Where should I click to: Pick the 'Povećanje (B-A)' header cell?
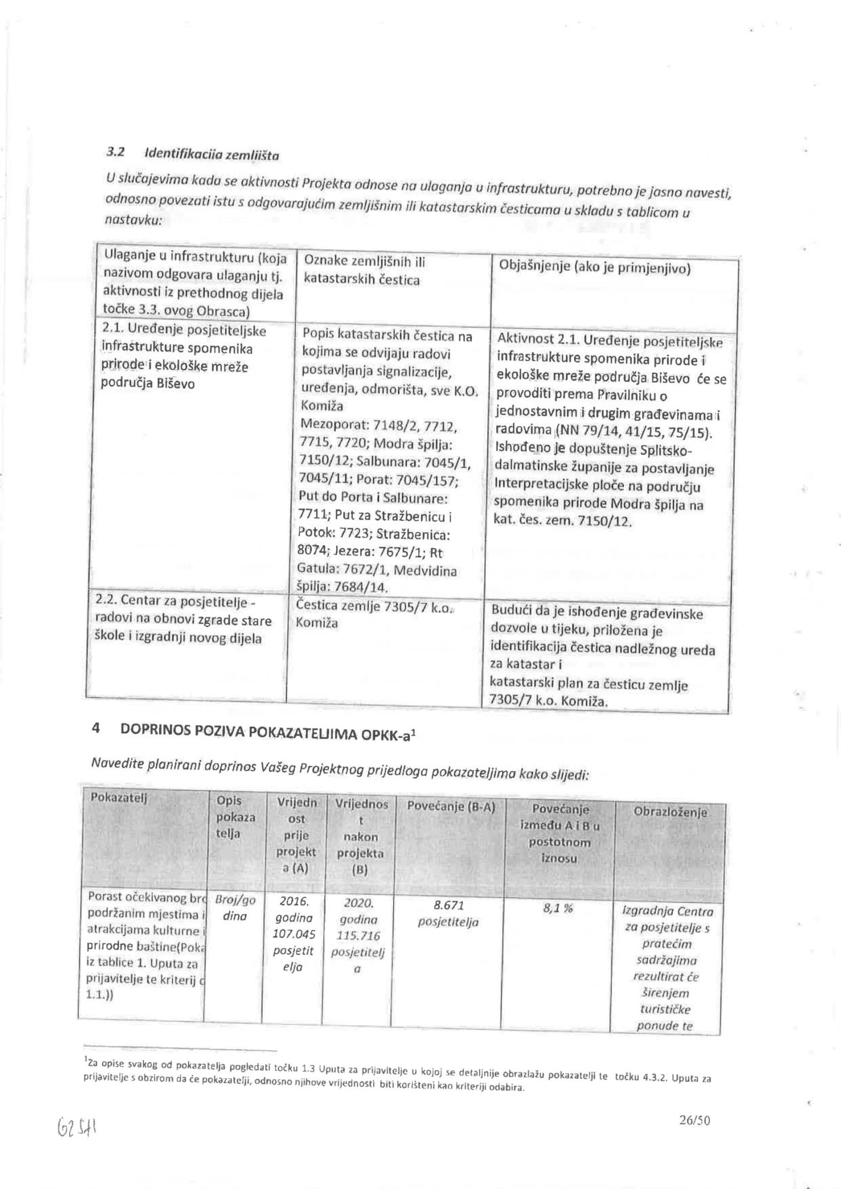(x=451, y=806)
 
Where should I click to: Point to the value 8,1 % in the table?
(x=557, y=909)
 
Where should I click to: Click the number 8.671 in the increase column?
(x=449, y=905)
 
